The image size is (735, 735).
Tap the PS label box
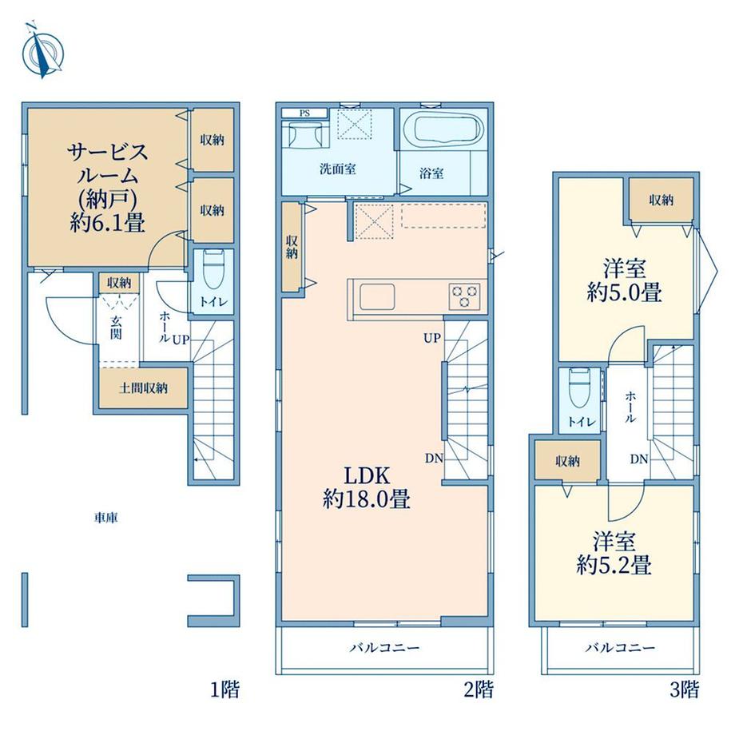[304, 113]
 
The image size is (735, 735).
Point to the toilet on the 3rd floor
[579, 388]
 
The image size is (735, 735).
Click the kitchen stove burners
[464, 296]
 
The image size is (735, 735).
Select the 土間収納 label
[143, 388]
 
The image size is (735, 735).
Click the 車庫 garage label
[105, 518]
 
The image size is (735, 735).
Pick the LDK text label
[367, 476]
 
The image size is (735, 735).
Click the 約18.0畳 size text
[367, 499]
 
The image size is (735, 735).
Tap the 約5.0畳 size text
[625, 293]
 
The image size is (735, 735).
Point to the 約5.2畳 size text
[614, 566]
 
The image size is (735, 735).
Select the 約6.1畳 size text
[107, 222]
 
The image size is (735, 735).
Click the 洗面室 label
[337, 169]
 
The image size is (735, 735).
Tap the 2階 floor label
[478, 689]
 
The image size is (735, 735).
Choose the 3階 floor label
[685, 689]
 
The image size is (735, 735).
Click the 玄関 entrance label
[116, 327]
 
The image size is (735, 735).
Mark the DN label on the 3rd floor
[639, 459]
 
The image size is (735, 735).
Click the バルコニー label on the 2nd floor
[384, 648]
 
